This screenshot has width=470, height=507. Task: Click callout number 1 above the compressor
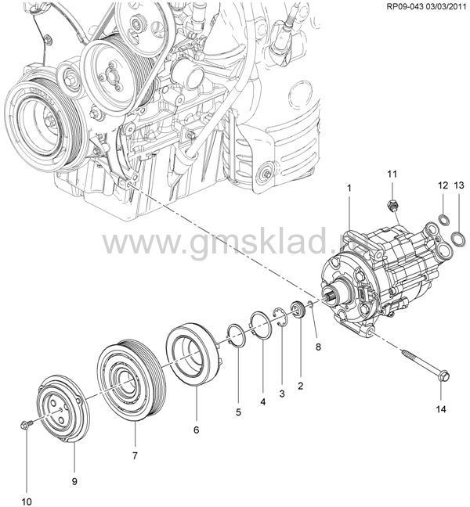coord(349,189)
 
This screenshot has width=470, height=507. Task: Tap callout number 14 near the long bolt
coord(440,408)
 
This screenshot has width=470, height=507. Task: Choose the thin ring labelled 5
coord(235,334)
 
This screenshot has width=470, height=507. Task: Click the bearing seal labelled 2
coord(297,308)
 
